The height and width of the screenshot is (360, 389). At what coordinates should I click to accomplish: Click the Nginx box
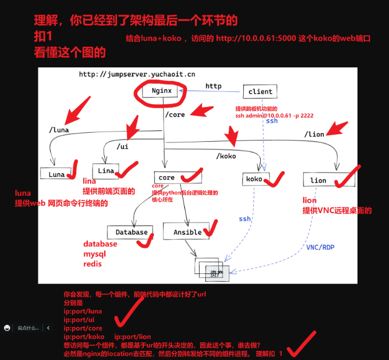[162, 91]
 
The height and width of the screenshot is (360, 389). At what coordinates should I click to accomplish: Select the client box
[260, 91]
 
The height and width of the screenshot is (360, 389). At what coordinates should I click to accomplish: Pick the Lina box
[106, 170]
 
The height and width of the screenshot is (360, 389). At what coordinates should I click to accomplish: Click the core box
[167, 178]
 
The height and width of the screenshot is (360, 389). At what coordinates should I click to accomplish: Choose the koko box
[254, 179]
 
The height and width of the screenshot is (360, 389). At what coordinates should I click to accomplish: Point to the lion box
[318, 180]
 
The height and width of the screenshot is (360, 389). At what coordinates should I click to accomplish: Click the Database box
[131, 232]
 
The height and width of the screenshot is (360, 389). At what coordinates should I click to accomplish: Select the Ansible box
[188, 232]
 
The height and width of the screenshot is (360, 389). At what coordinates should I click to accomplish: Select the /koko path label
[226, 156]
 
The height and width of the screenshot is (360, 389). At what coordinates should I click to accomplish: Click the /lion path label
[314, 134]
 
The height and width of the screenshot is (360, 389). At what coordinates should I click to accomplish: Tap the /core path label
[175, 114]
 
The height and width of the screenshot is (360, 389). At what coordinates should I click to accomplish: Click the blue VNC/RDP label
[321, 248]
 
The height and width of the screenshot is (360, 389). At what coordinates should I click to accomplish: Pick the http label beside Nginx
[213, 86]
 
